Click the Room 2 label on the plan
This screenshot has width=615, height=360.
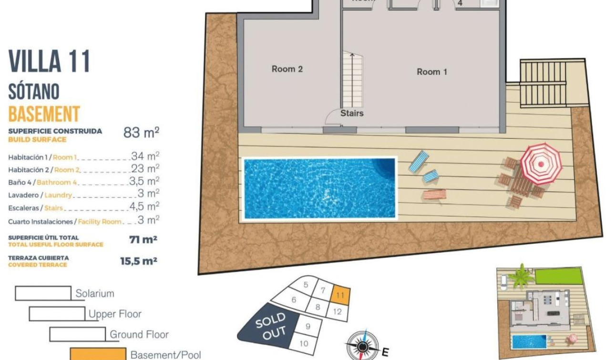tap(287, 69)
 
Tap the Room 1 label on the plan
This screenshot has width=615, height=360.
tap(432, 72)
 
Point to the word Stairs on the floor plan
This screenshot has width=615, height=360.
tap(352, 113)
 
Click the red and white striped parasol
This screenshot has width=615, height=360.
tap(541, 164)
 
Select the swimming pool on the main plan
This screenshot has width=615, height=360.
tap(319, 188)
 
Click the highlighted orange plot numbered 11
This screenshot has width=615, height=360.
tap(340, 295)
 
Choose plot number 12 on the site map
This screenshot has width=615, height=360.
tap(338, 312)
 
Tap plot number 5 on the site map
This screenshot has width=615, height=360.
tap(306, 285)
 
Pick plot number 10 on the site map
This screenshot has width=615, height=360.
tap(304, 343)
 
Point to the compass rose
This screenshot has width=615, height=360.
tap(363, 345)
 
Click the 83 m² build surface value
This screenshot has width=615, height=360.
tap(141, 133)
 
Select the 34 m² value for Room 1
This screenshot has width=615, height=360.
tap(145, 156)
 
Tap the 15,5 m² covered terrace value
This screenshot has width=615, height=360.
tap(139, 261)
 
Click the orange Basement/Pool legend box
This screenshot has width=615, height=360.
tap(98, 354)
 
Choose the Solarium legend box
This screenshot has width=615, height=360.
tap(43, 293)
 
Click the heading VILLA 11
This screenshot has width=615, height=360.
tap(50, 62)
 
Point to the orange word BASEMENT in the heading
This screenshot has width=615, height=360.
tap(44, 114)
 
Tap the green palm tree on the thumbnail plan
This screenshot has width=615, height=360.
tap(521, 276)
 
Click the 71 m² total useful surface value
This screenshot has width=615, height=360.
tap(143, 240)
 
